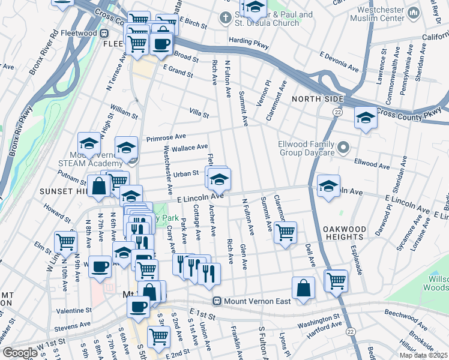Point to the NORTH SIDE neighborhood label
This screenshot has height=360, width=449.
coord(318,98)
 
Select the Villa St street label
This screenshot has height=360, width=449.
coord(199,113)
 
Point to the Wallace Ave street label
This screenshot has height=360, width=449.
coord(190,147)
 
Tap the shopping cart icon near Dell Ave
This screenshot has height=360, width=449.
coord(285,231)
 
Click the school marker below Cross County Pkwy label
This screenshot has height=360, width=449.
coord(365,118)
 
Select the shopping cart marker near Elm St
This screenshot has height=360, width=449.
coord(65,242)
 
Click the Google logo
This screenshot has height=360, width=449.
coord(20,353)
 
